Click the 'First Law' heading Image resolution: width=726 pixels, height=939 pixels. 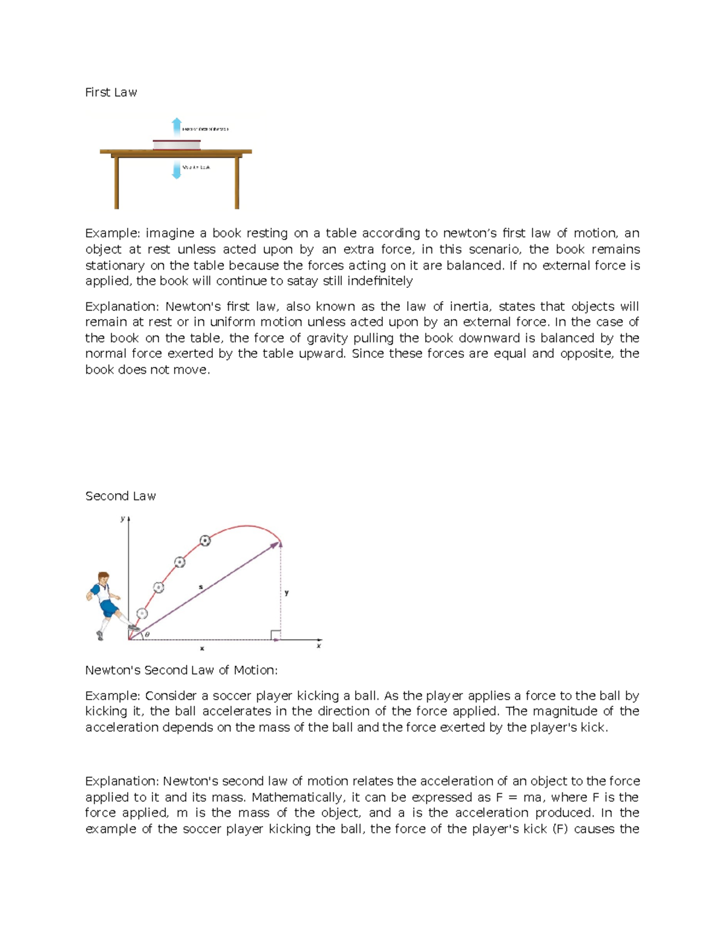tap(111, 93)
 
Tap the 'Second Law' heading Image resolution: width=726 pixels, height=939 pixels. tap(120, 496)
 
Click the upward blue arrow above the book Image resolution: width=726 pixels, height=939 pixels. tap(177, 126)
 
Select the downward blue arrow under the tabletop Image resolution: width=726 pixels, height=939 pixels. tap(177, 170)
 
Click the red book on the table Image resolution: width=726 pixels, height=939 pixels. tap(177, 145)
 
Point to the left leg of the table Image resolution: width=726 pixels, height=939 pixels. tap(116, 182)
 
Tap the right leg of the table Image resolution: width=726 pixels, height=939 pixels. tap(237, 182)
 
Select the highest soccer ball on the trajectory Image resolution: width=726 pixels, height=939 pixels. tap(205, 541)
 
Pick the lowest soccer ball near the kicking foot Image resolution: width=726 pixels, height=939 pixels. tap(142, 613)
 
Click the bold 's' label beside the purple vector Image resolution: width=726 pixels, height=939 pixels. tap(201, 587)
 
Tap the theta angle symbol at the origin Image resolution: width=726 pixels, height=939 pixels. tap(147, 634)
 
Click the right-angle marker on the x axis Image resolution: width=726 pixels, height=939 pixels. tap(275, 635)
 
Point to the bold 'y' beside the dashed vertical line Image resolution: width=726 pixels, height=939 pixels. tap(287, 593)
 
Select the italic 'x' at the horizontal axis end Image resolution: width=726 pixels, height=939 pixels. tap(319, 646)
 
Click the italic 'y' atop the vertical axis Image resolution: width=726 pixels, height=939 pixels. tap(122, 518)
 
